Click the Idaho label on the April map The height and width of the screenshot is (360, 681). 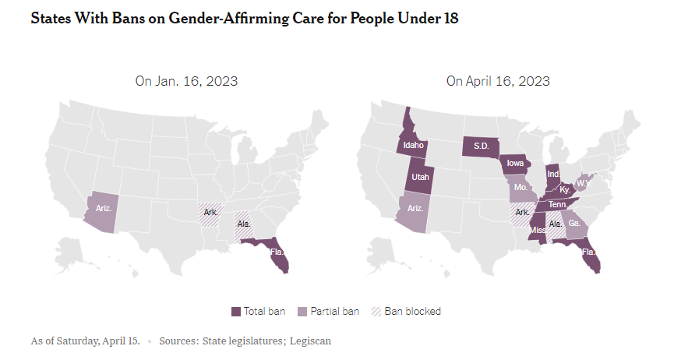click(x=413, y=145)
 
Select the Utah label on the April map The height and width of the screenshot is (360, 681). click(x=420, y=177)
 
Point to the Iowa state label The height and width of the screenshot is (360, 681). click(x=515, y=164)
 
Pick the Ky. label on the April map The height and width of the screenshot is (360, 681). click(x=566, y=189)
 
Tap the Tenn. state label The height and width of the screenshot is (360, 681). click(x=557, y=204)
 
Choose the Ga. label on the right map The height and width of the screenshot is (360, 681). click(x=574, y=223)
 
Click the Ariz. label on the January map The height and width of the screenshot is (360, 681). click(x=104, y=208)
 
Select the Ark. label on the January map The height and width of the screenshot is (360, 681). click(x=210, y=212)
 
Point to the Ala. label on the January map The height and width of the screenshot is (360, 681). click(x=244, y=224)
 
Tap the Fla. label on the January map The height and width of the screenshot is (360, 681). click(x=276, y=252)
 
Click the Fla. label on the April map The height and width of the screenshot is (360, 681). click(x=588, y=252)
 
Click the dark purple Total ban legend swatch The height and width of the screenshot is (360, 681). click(x=236, y=312)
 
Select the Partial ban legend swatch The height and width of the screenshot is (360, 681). click(x=302, y=312)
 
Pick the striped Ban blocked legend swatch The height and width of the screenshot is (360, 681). click(x=376, y=312)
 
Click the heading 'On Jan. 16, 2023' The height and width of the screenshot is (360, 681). click(x=186, y=81)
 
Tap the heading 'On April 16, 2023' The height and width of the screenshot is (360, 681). click(x=498, y=81)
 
